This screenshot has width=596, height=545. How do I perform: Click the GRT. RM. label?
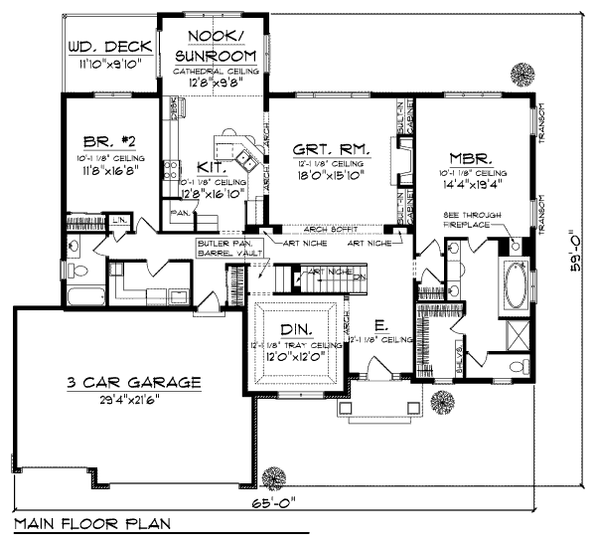[333, 148]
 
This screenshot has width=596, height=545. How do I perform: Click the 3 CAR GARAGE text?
[135, 381]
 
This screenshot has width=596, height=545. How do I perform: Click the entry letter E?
[380, 325]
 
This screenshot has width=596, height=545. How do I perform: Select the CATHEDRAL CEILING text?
[217, 73]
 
